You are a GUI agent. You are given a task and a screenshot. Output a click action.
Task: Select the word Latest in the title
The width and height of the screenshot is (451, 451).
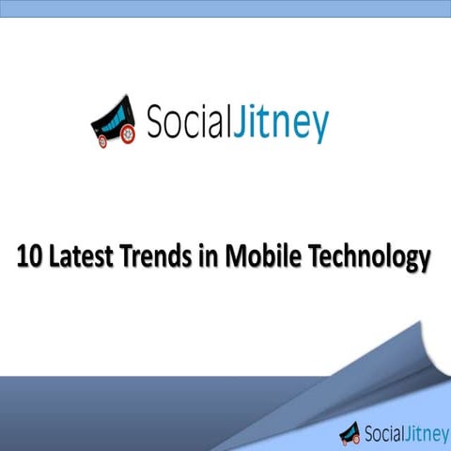pyautogui.click(x=79, y=257)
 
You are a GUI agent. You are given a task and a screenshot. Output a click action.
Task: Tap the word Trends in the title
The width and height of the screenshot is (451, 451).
pyautogui.click(x=154, y=257)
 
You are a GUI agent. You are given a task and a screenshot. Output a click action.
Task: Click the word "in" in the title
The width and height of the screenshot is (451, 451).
pyautogui.click(x=202, y=257)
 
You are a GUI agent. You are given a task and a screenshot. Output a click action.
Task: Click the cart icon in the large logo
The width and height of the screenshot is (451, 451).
pyautogui.click(x=115, y=121)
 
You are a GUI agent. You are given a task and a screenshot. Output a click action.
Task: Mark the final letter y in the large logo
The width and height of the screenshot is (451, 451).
pyautogui.click(x=319, y=127)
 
